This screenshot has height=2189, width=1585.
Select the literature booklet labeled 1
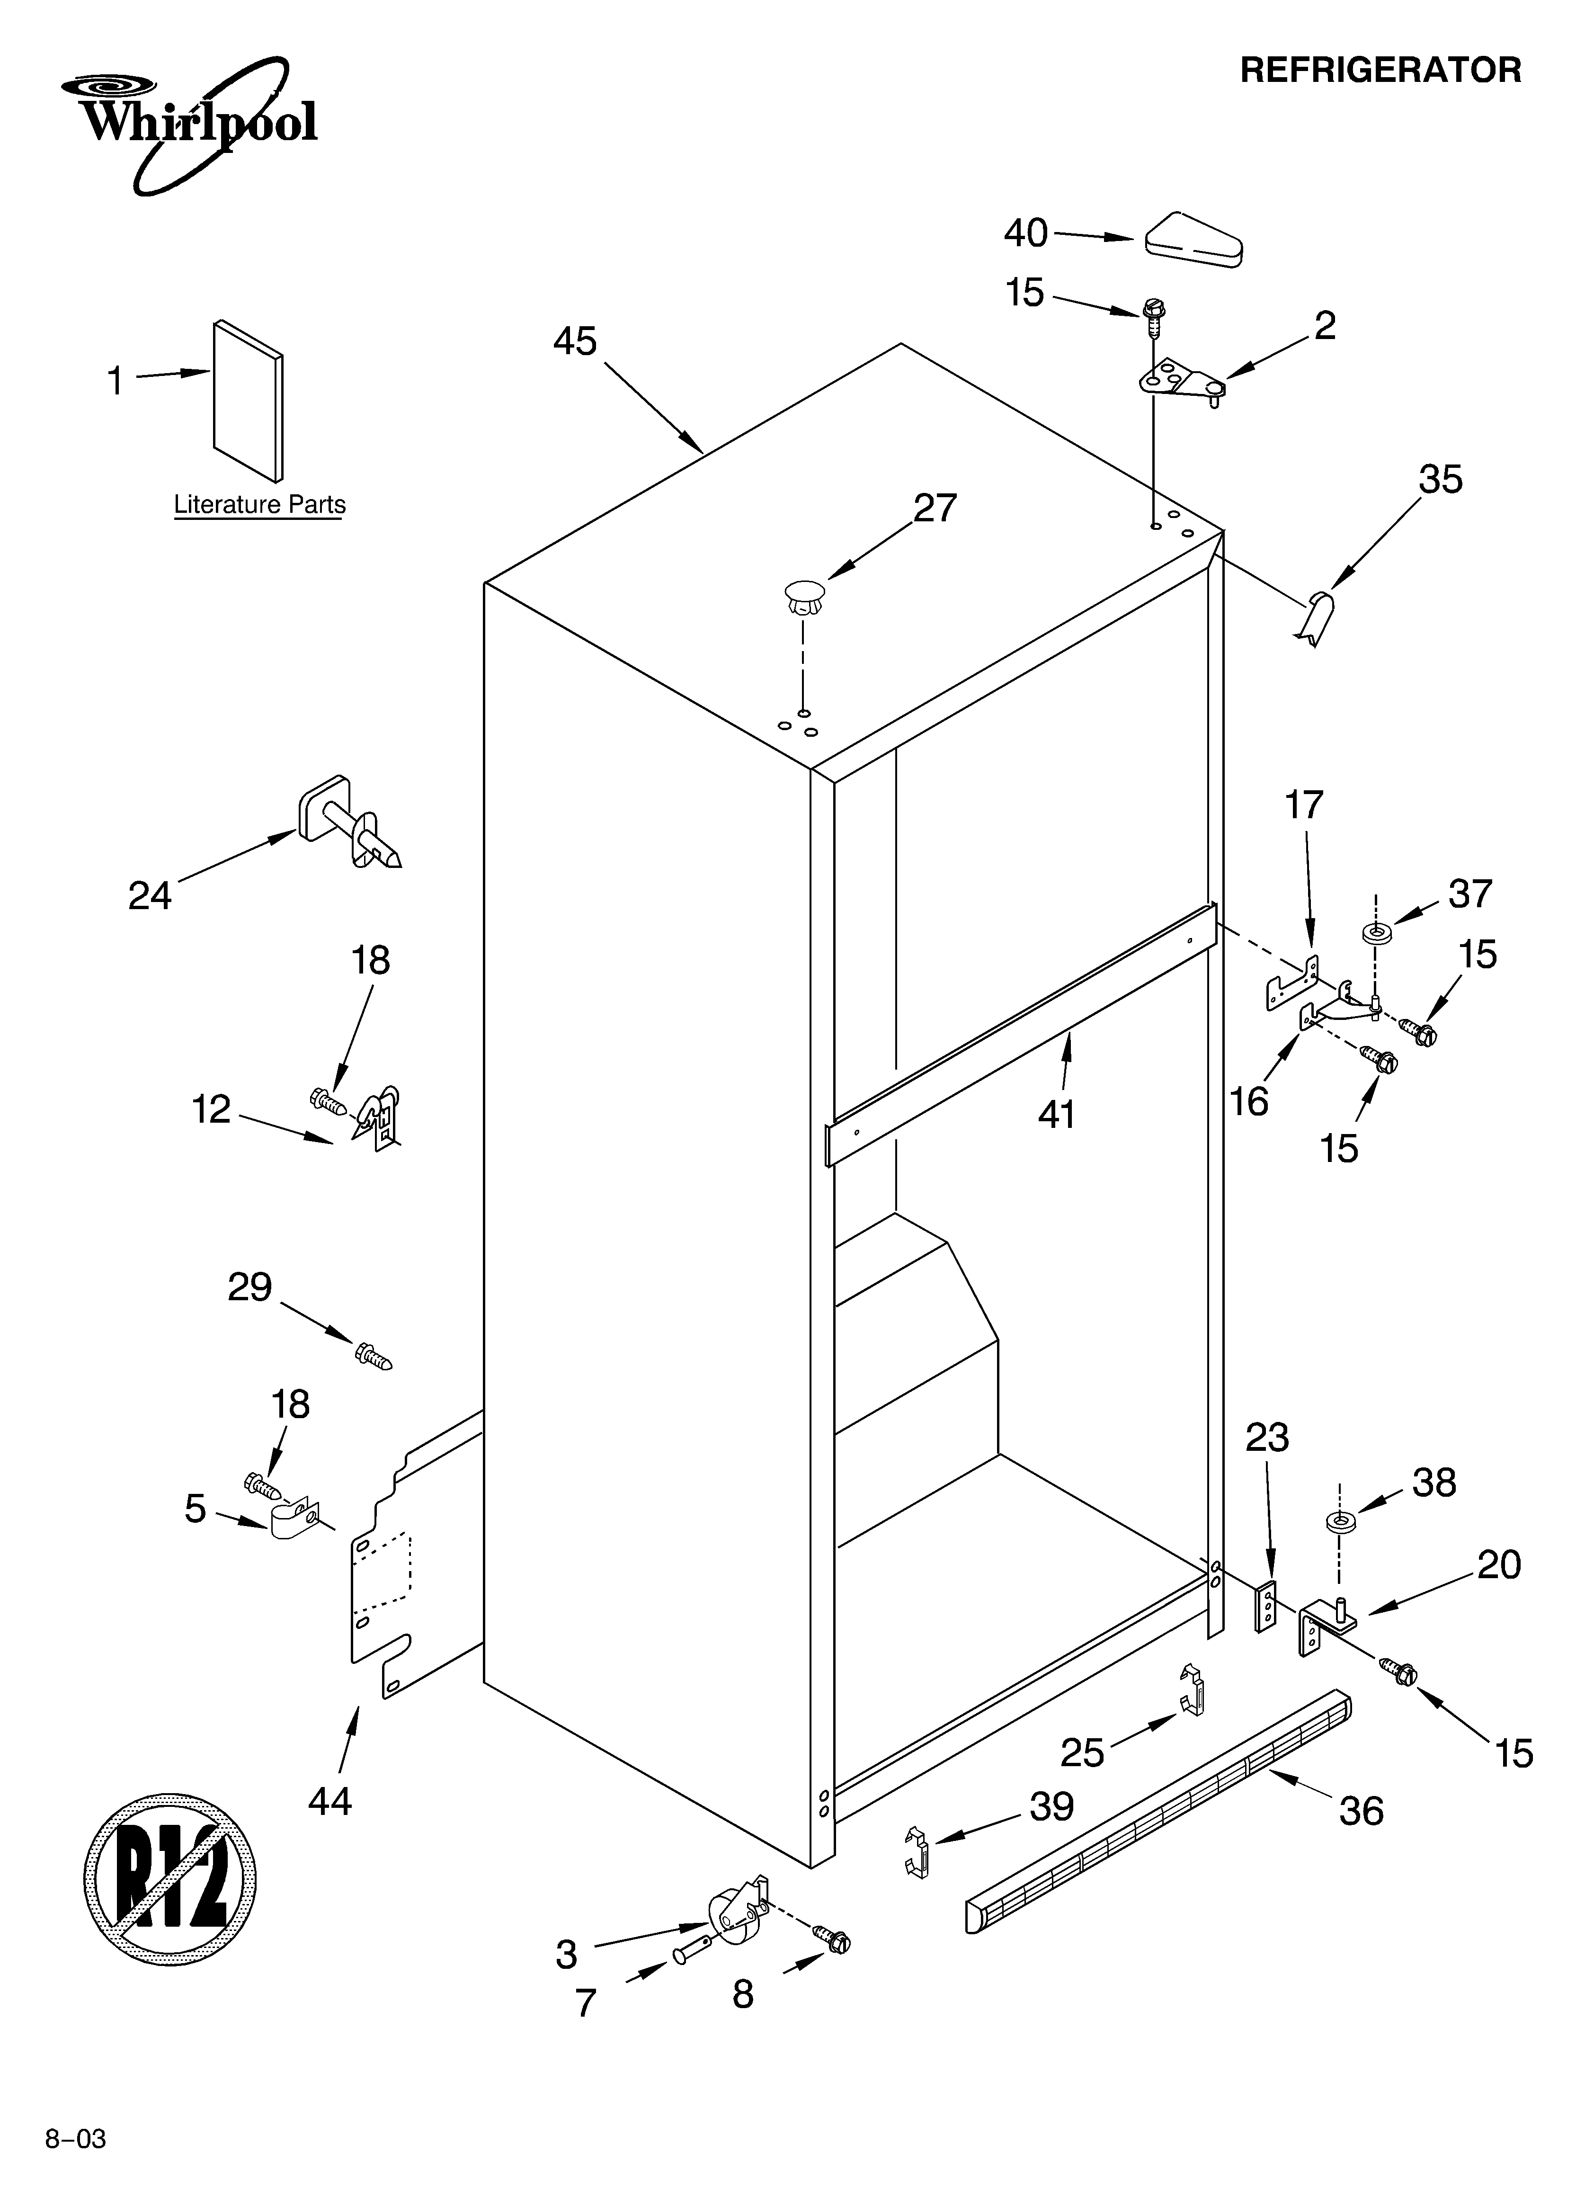point(248,401)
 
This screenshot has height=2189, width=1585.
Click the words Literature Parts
point(258,505)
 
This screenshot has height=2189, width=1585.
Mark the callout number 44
point(330,1801)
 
